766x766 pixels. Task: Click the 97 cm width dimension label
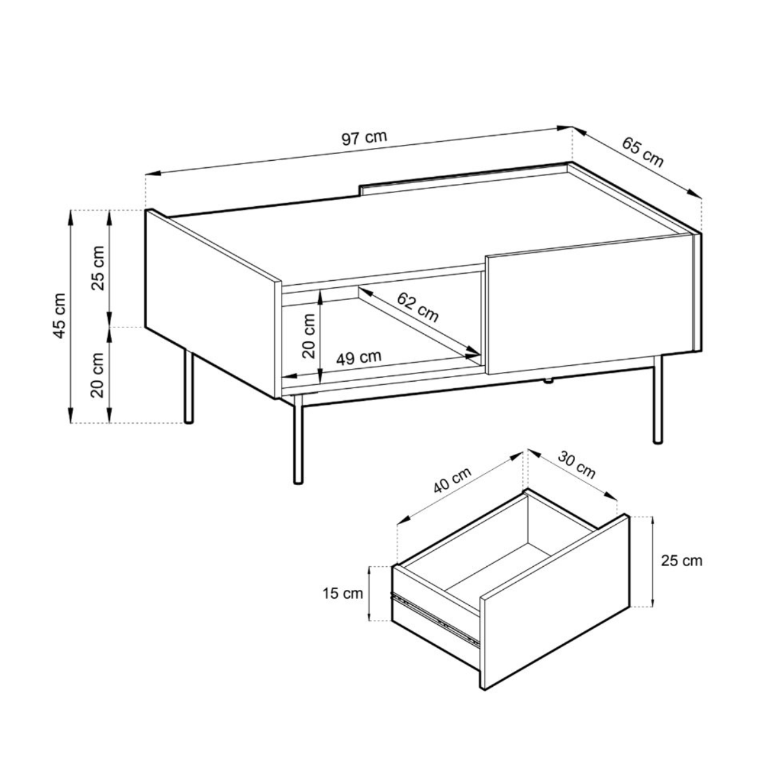(364, 138)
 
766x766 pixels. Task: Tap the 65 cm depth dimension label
(643, 153)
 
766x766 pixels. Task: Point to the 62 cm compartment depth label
(417, 307)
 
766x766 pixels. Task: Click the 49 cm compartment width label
(359, 357)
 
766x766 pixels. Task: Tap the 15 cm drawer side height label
(343, 594)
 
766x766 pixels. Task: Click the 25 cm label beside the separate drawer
(682, 561)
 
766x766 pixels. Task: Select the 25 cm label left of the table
(98, 268)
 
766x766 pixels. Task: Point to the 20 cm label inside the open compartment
(308, 336)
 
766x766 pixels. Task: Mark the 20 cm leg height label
(98, 375)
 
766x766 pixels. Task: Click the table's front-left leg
(297, 440)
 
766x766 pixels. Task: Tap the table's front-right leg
(658, 399)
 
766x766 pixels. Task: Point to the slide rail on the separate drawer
(435, 620)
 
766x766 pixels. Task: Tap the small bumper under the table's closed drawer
(548, 381)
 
